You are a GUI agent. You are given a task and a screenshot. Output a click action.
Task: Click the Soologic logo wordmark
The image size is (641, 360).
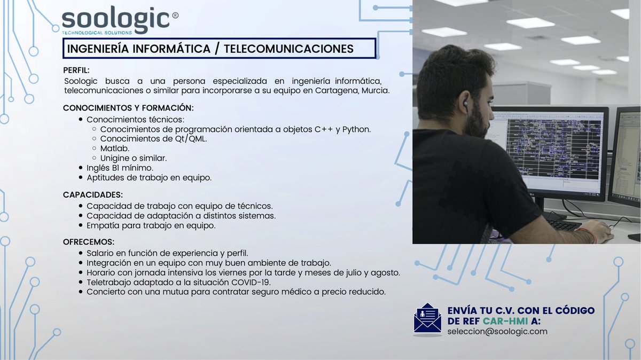(x=116, y=20)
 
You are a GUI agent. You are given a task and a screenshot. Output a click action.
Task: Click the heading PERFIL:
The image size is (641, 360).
(x=76, y=70)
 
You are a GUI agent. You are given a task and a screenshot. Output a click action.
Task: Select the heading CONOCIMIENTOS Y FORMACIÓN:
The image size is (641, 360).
(x=128, y=108)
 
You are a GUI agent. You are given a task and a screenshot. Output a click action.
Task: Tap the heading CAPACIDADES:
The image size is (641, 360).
(x=93, y=194)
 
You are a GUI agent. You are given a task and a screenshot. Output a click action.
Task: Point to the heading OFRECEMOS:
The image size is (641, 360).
(x=89, y=242)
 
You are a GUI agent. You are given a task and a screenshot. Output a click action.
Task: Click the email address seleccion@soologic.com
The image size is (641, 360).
(x=497, y=332)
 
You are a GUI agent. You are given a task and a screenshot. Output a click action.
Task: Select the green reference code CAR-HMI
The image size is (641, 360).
(x=506, y=321)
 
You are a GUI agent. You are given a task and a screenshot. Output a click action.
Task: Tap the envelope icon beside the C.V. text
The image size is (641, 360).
(x=427, y=320)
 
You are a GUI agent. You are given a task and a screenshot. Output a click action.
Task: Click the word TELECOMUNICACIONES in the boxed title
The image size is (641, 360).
(x=288, y=49)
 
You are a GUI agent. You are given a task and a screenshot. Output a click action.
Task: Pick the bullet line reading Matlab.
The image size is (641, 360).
(x=115, y=148)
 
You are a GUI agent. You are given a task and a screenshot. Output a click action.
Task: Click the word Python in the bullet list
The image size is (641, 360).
(x=356, y=129)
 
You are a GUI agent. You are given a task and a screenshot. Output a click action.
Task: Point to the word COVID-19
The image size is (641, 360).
(x=252, y=282)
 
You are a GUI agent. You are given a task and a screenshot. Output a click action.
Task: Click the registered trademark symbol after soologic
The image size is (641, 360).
(x=175, y=15)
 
